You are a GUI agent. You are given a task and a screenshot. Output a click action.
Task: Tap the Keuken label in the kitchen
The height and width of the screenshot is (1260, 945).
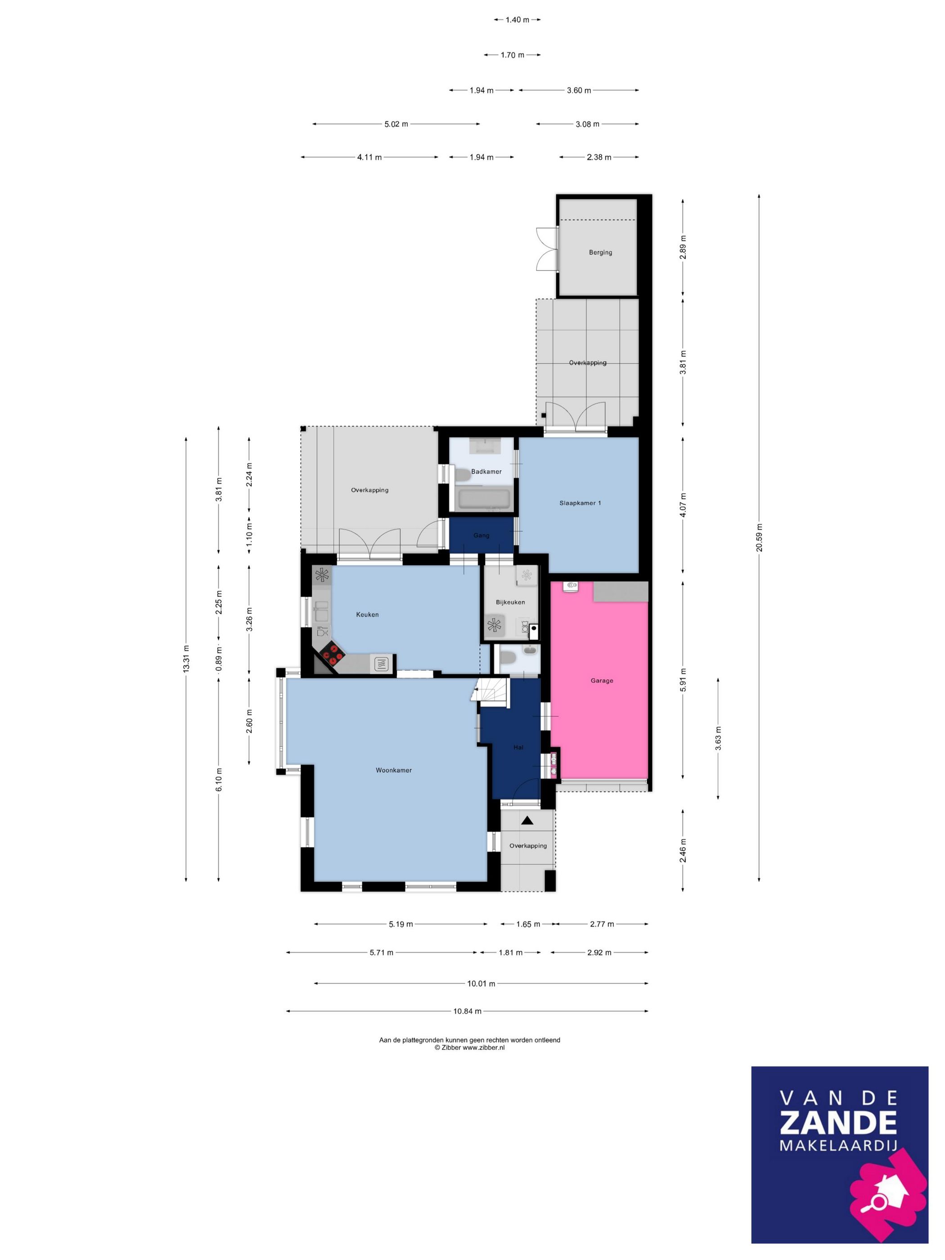pyautogui.click(x=367, y=615)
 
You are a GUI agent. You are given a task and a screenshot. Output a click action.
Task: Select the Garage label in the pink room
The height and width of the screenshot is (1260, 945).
pyautogui.click(x=602, y=681)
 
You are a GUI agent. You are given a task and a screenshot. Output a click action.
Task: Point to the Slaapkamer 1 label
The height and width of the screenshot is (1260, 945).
pyautogui.click(x=580, y=503)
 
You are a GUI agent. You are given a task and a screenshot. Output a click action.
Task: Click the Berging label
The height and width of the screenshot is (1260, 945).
pyautogui.click(x=600, y=252)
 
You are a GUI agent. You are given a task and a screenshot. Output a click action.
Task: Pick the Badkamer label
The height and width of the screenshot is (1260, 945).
pyautogui.click(x=486, y=472)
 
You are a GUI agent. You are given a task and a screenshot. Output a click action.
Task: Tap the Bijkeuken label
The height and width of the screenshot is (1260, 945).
pyautogui.click(x=510, y=602)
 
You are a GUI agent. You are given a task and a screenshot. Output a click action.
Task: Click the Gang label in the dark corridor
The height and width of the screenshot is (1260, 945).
pyautogui.click(x=481, y=535)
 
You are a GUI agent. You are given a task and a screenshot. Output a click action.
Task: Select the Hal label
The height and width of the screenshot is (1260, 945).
pyautogui.click(x=518, y=747)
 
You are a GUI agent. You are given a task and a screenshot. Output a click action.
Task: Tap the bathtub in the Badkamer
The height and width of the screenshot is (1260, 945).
pyautogui.click(x=485, y=500)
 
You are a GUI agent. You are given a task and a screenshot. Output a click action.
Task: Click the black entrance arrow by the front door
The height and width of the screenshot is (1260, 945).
pyautogui.click(x=527, y=821)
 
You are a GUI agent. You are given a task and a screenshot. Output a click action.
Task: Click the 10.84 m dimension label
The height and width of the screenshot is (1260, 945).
pyautogui.click(x=467, y=1011)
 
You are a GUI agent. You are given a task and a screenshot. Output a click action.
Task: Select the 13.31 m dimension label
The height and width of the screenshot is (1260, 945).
pyautogui.click(x=186, y=659)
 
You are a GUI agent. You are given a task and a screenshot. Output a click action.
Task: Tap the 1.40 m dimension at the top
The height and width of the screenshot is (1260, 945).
pyautogui.click(x=517, y=20)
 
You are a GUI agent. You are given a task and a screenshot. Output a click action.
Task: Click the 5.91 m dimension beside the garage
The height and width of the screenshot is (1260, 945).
pyautogui.click(x=683, y=679)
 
